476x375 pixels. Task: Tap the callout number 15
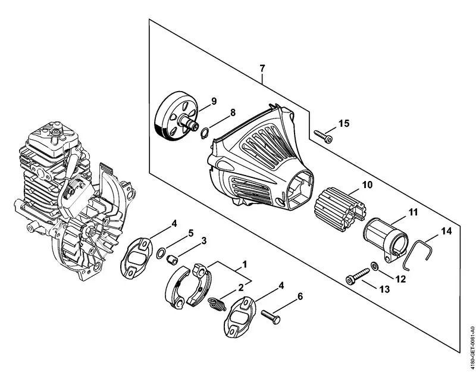click(344, 123)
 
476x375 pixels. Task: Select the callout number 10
click(367, 185)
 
